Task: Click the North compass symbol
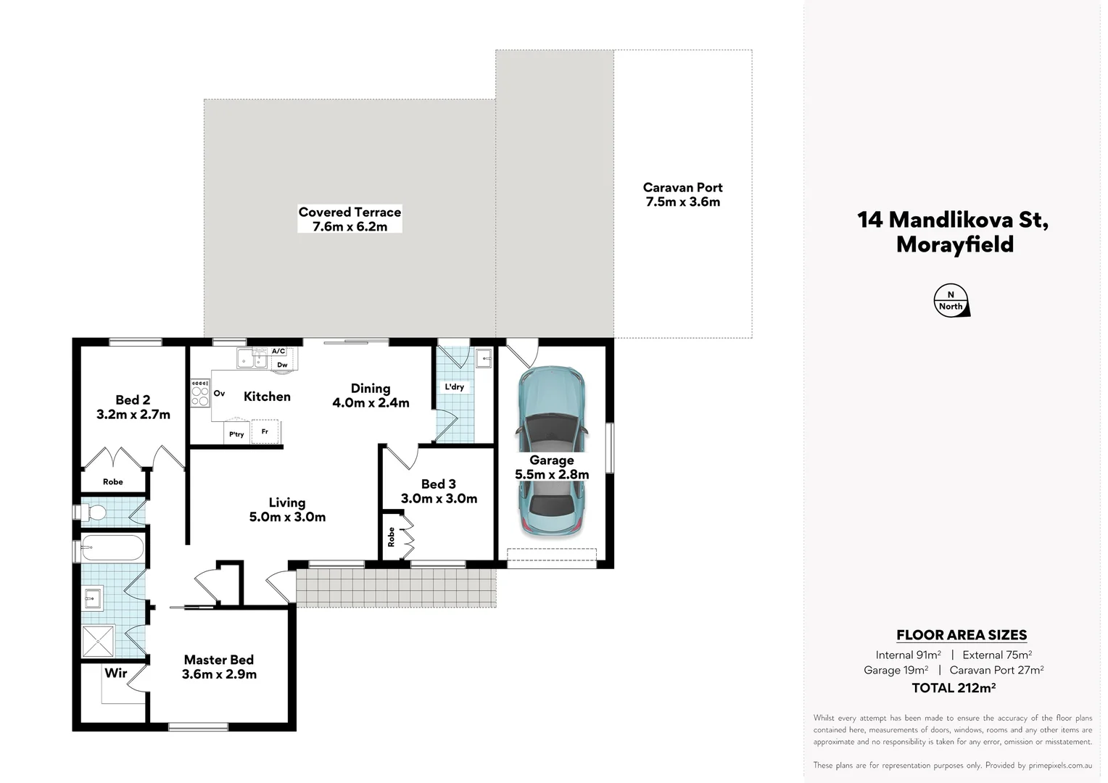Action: (951, 301)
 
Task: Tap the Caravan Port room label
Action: (682, 188)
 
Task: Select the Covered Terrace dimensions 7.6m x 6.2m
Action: (350, 227)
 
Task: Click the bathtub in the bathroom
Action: (112, 547)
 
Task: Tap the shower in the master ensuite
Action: (98, 641)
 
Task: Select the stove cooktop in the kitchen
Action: (200, 393)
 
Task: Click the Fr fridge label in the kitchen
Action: (265, 431)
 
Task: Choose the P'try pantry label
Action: (236, 434)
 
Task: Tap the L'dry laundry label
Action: (455, 387)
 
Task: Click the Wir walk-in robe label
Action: (116, 673)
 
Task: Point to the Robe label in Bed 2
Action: (113, 482)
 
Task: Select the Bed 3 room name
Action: (439, 484)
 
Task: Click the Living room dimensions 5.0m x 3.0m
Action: (287, 517)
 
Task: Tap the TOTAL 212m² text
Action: (953, 688)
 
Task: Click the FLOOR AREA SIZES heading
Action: (961, 635)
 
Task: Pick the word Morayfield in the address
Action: (954, 244)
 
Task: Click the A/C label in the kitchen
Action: (278, 352)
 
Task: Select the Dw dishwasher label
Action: (282, 365)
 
